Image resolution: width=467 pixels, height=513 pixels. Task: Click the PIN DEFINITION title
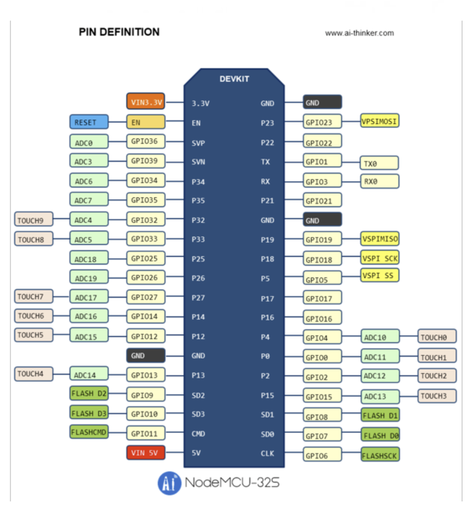(119, 32)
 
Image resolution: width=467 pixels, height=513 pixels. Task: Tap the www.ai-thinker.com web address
(359, 33)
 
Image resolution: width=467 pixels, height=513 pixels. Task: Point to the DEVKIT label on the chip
(234, 79)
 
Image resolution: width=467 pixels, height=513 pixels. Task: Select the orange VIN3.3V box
(146, 103)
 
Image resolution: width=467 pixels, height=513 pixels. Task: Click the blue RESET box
(88, 122)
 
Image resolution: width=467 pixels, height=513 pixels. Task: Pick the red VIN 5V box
(146, 453)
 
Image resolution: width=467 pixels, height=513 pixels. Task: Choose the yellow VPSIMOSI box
(379, 121)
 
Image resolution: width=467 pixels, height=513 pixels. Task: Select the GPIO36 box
(146, 142)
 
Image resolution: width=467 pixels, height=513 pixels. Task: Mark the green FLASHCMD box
(88, 432)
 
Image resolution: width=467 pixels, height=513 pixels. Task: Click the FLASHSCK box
(380, 454)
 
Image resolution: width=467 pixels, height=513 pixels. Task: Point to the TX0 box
(379, 163)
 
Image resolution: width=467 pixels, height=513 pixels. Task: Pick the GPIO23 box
(323, 122)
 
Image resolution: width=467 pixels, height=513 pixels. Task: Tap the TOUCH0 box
(437, 337)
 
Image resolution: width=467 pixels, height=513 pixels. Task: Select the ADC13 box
(380, 397)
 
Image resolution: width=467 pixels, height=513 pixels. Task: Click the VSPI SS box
(379, 275)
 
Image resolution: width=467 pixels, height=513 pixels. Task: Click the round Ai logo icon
(169, 483)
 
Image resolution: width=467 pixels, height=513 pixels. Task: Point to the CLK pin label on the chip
(267, 453)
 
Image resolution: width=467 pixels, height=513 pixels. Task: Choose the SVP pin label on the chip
(199, 143)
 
